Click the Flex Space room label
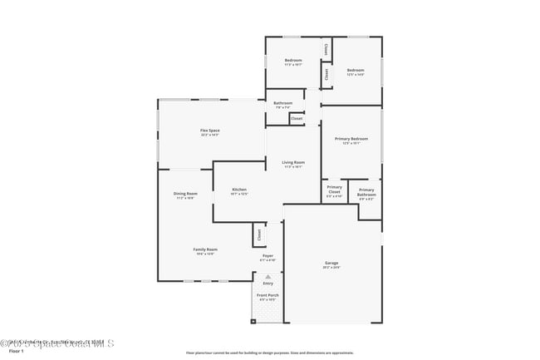coord(209,131)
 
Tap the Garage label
coord(331,264)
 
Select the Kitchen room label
coord(239,190)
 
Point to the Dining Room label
coord(185,195)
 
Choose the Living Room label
coord(293,162)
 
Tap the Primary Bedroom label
coord(351,139)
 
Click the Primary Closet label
coord(334,191)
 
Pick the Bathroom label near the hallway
coord(282,103)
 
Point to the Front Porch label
coord(268,295)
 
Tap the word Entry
coord(268,284)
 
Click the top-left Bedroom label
coord(292,61)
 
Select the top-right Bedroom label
coord(356,70)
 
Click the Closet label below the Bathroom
coord(297,119)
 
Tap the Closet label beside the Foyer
coord(259,235)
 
